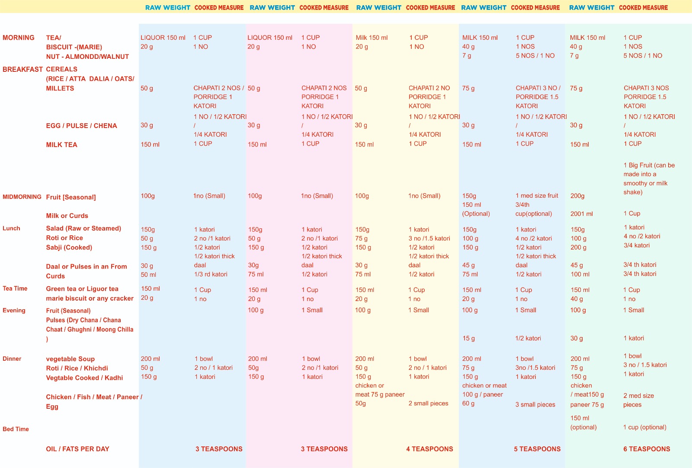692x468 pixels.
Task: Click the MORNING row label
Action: point(19,38)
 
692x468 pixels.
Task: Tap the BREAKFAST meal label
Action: point(22,69)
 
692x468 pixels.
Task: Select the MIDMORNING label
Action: point(22,197)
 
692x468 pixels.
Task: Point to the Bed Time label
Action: point(16,429)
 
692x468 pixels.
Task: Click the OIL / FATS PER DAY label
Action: point(78,449)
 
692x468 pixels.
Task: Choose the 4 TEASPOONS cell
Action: point(429,449)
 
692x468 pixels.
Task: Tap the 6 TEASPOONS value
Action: point(647,449)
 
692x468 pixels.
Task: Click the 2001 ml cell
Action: point(582,214)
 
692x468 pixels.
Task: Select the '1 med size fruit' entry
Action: point(537,196)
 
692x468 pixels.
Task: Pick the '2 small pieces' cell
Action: point(428,404)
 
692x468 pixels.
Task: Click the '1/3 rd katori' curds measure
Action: point(211,274)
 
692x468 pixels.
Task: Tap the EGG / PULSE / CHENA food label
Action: point(82,126)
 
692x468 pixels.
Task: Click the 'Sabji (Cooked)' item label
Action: point(69,247)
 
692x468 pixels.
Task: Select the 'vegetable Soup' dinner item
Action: point(70,359)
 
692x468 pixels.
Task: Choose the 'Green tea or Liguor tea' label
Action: point(82,289)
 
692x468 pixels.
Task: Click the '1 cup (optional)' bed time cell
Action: point(644,427)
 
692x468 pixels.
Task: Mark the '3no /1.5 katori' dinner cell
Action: point(535,368)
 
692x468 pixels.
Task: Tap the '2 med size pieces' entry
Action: point(638,400)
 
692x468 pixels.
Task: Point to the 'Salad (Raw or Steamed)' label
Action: point(83,228)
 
